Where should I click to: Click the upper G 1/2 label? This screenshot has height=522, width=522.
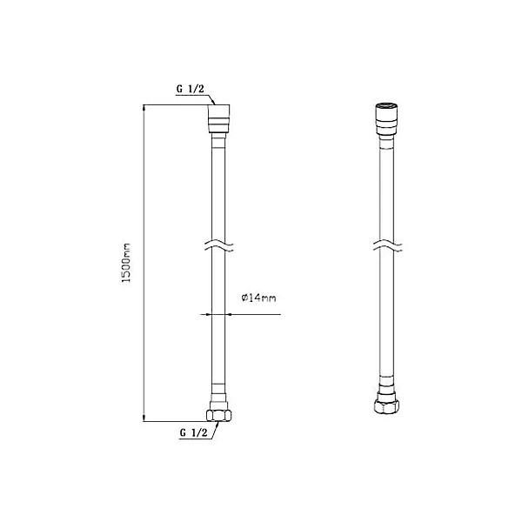[190, 89]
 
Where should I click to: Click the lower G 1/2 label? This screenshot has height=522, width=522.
[193, 432]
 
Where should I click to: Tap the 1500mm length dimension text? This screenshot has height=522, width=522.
[126, 263]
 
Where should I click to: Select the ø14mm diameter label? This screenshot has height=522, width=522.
[258, 298]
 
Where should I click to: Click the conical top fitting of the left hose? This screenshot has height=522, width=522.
[219, 119]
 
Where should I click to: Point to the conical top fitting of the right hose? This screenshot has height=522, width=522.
[386, 119]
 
